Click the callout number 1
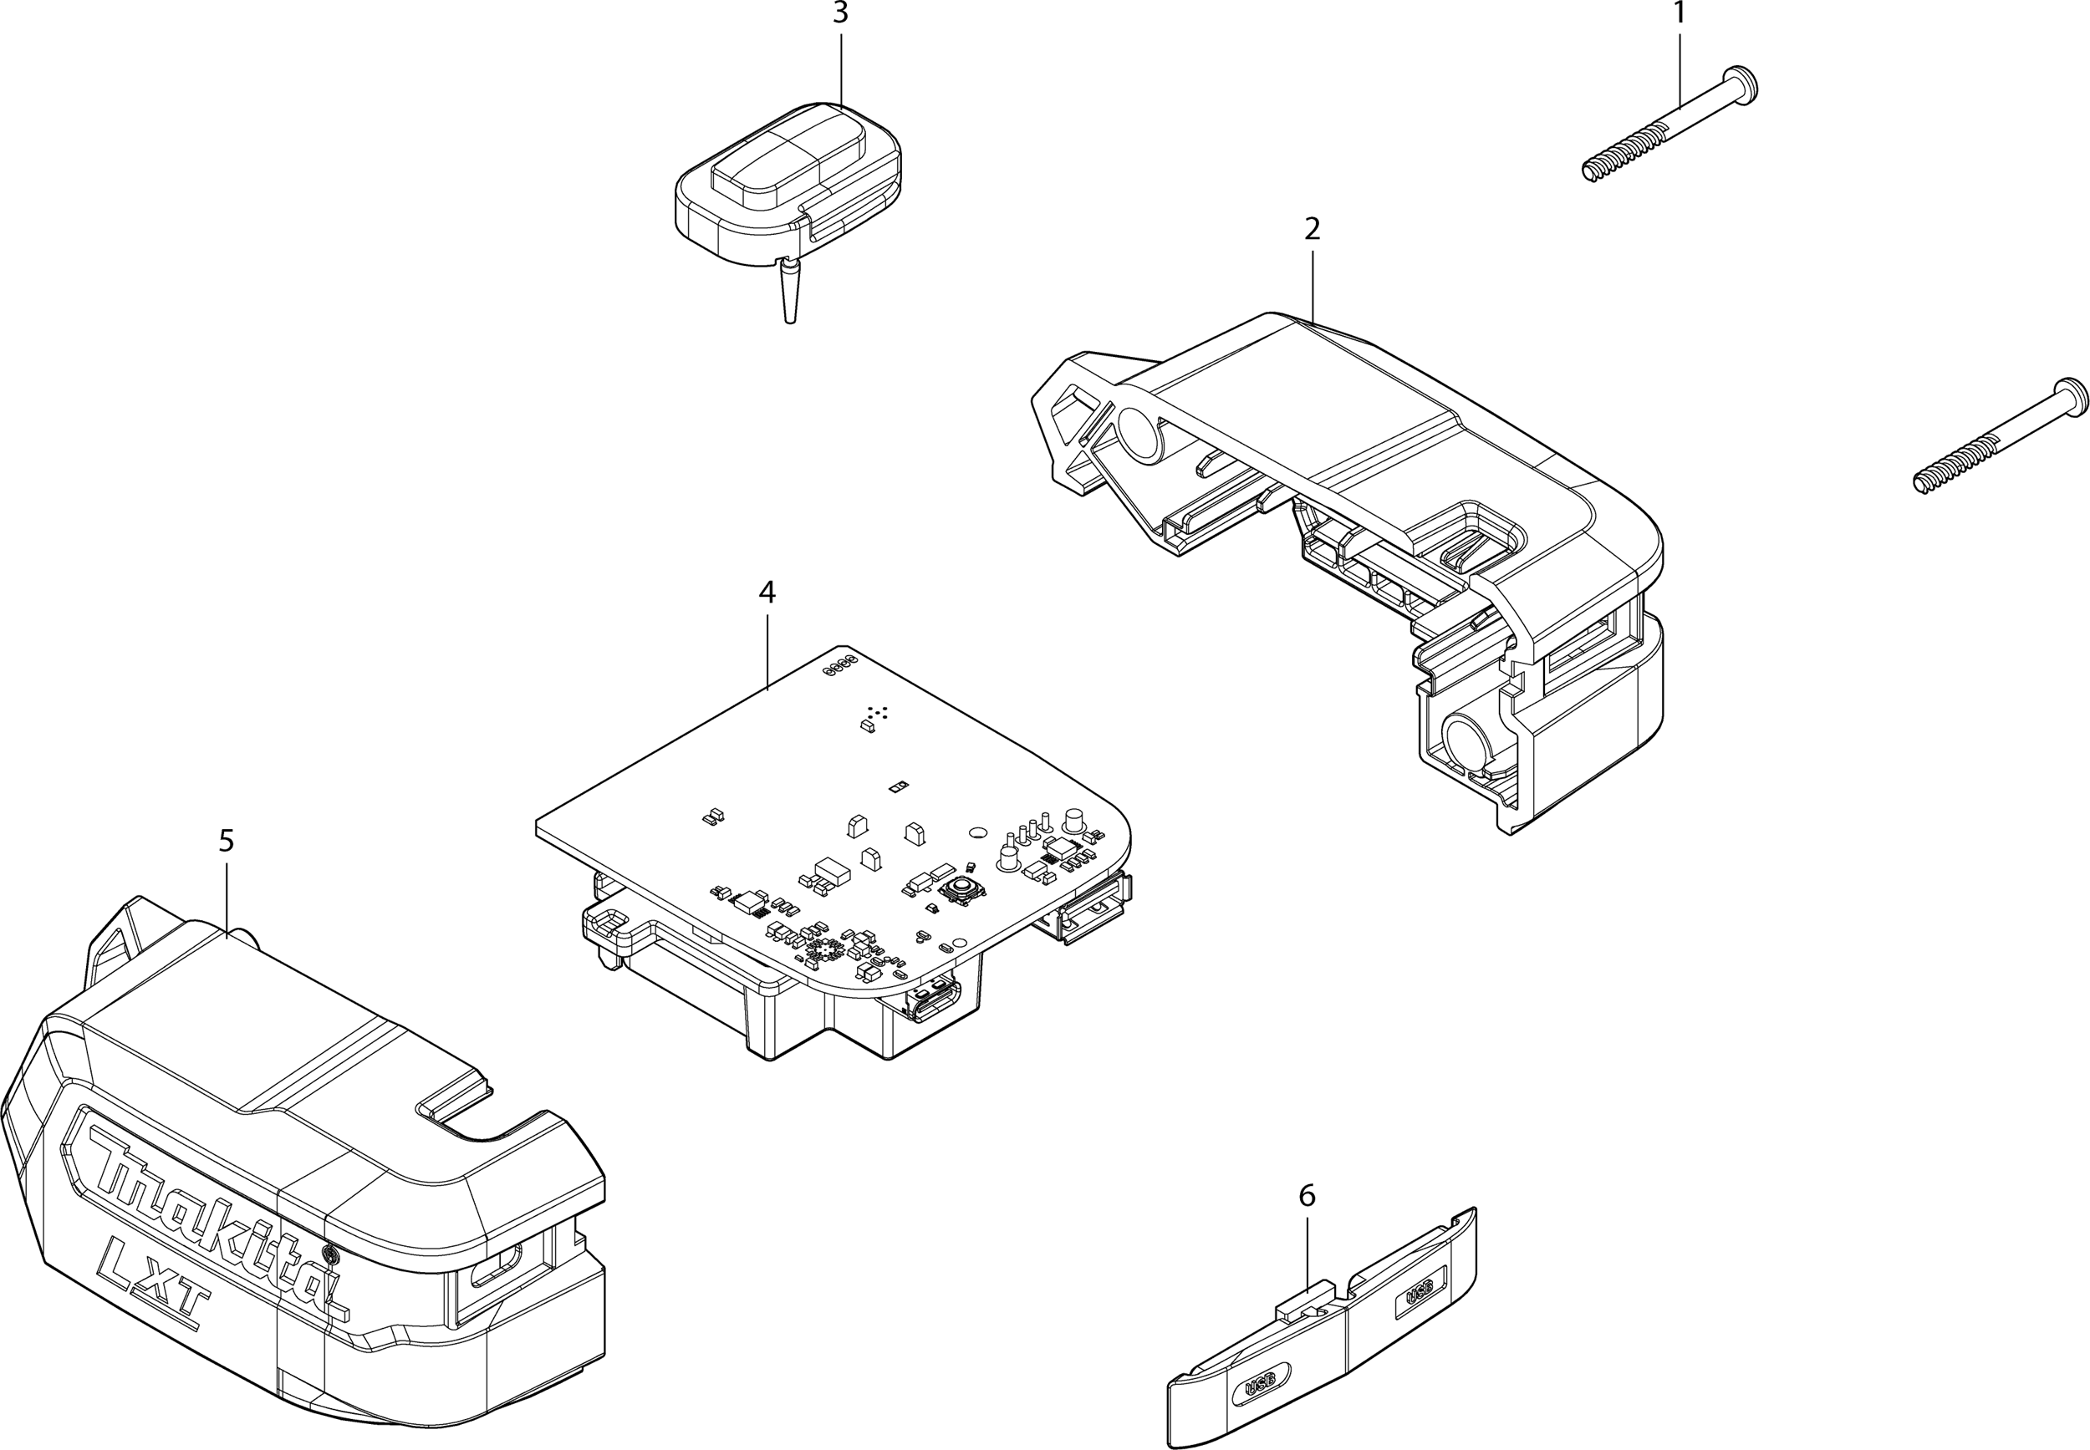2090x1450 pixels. [1678, 13]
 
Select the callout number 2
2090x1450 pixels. [1311, 229]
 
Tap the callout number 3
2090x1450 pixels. [840, 13]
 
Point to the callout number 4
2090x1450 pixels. [767, 593]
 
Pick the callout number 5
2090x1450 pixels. [227, 841]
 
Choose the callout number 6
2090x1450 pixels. [1307, 1196]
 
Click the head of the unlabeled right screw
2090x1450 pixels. [2072, 396]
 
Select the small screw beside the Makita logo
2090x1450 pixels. [331, 1255]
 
